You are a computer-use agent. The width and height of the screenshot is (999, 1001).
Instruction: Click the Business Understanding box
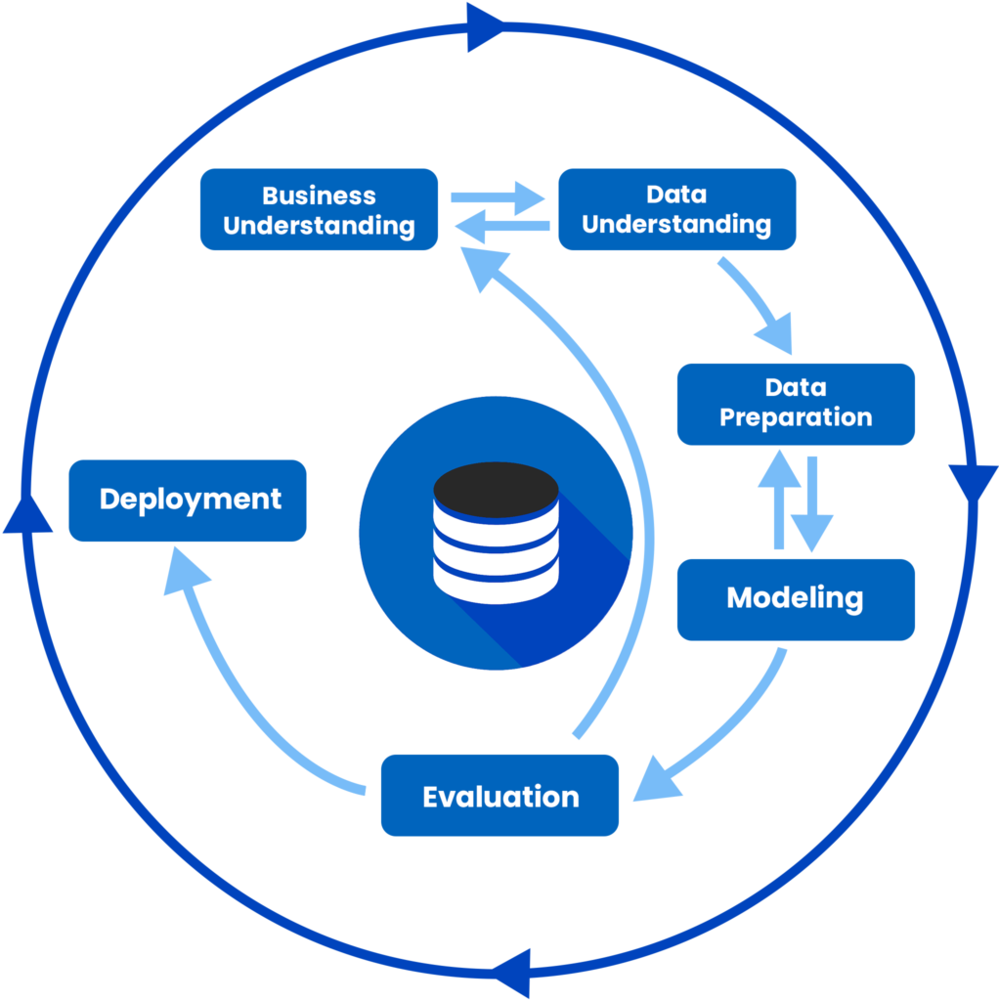319,209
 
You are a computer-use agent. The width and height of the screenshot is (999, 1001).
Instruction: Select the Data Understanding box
676,209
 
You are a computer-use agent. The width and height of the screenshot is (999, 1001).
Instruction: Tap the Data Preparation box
796,404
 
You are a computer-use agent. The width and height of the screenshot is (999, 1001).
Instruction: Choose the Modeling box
796,598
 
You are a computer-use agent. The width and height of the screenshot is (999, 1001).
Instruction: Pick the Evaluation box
499,795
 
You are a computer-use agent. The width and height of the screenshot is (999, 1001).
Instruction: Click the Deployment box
188,500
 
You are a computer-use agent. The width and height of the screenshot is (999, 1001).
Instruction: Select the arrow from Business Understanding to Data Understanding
499,196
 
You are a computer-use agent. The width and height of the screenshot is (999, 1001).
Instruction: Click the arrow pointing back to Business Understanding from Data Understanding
500,228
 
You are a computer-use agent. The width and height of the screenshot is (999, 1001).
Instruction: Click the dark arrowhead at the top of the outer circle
484,26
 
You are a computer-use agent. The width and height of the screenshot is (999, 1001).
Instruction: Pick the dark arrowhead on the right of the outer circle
972,484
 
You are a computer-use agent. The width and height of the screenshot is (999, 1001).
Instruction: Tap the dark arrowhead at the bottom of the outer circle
511,973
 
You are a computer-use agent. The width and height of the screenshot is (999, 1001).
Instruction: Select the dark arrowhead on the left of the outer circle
27,513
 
